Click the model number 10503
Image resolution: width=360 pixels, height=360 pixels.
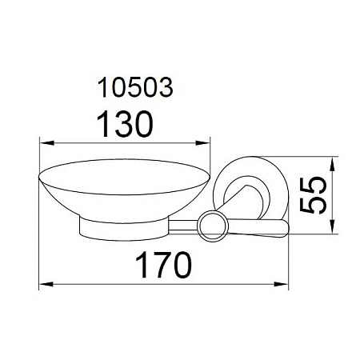tap(135, 87)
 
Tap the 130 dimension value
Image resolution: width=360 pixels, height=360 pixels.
tap(125, 124)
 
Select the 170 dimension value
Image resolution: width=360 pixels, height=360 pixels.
tap(163, 265)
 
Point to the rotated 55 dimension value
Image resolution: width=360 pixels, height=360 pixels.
tap(313, 195)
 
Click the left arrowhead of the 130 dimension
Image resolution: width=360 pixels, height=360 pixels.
tap(46, 143)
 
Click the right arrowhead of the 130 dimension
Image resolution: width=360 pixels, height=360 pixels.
tap(203, 143)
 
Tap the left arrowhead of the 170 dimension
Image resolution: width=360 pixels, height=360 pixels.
tap(46, 284)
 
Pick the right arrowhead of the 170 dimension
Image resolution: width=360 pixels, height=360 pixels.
tap(281, 284)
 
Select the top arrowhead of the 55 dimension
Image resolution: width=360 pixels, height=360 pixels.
tap(332, 164)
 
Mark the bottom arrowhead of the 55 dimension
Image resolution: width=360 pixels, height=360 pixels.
tap(332, 226)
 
